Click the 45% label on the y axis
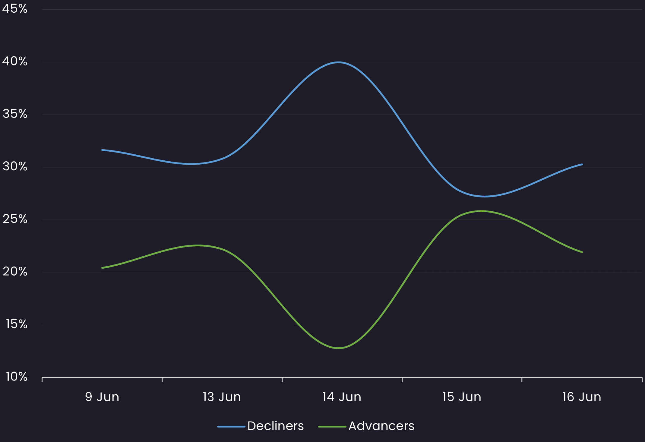(15, 9)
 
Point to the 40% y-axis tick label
(15, 62)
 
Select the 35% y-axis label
(15, 114)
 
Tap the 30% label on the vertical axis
(15, 166)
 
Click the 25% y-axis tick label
(15, 219)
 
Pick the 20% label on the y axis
(15, 272)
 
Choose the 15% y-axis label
(16, 324)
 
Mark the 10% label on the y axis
(16, 377)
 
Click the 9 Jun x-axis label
(102, 397)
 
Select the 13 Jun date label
(222, 397)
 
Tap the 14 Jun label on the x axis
(342, 397)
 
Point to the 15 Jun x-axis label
(462, 397)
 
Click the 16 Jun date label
(582, 397)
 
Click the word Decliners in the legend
(276, 426)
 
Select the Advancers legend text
(381, 426)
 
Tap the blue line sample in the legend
(231, 427)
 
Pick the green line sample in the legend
(332, 427)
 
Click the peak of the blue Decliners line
(339, 62)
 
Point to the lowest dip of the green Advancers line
(339, 348)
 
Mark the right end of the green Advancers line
(582, 252)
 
